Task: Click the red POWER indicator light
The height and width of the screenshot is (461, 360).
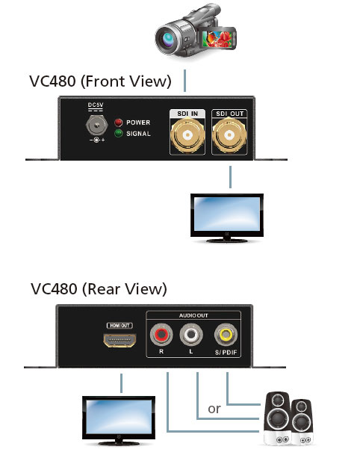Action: pos(119,123)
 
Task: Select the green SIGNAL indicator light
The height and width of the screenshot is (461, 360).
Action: pos(119,134)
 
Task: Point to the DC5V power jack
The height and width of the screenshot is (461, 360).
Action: pos(96,126)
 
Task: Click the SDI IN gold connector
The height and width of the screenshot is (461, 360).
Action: pos(187,135)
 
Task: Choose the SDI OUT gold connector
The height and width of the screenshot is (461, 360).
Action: pos(229,135)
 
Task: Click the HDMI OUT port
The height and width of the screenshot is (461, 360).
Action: pos(120,341)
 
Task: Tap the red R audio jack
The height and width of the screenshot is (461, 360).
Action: pos(161,334)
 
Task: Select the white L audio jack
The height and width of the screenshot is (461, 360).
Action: pos(191,334)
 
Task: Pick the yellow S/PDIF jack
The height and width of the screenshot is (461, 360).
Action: pos(226,334)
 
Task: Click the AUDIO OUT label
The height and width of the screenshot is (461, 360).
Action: pos(193,315)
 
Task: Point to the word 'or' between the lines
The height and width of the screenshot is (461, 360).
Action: pos(214,409)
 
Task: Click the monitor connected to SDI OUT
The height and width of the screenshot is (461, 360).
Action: pos(227,218)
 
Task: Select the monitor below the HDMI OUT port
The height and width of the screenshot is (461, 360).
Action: pos(119,421)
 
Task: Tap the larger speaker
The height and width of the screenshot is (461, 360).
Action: pos(277,418)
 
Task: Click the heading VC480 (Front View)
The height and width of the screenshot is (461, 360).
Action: pos(100,81)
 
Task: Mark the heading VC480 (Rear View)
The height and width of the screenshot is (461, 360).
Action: pos(99,289)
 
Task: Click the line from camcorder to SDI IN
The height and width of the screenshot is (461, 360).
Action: pos(184,81)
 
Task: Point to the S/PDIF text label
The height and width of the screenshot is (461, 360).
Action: pos(226,352)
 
